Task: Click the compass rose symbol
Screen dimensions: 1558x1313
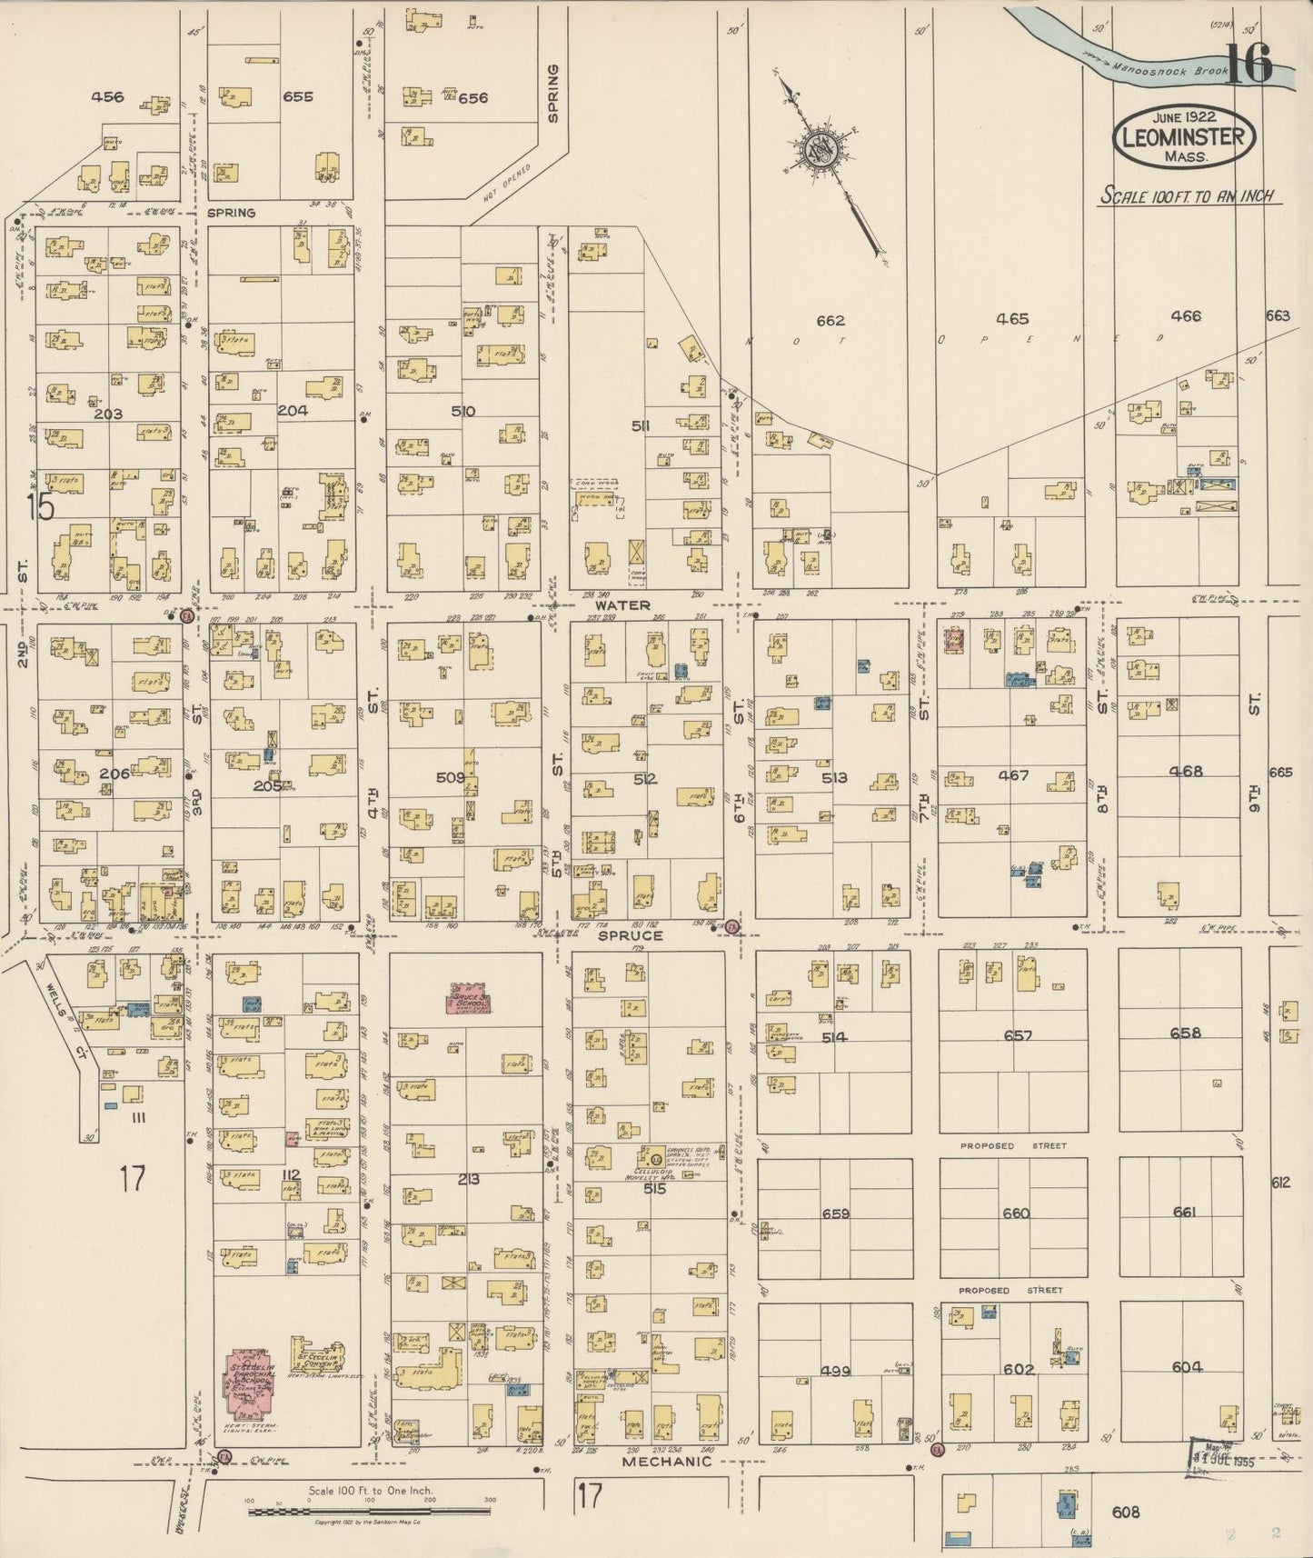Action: point(822,149)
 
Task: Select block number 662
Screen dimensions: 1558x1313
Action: point(830,320)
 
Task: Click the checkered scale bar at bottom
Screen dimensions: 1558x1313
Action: point(368,1513)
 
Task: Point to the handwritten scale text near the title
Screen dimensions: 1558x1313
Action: point(1188,196)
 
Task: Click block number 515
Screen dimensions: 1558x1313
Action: point(654,1188)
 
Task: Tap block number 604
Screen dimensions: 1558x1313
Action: point(1186,1367)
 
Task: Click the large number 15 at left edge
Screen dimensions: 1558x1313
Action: point(40,507)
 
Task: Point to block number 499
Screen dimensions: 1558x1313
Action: point(833,1371)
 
